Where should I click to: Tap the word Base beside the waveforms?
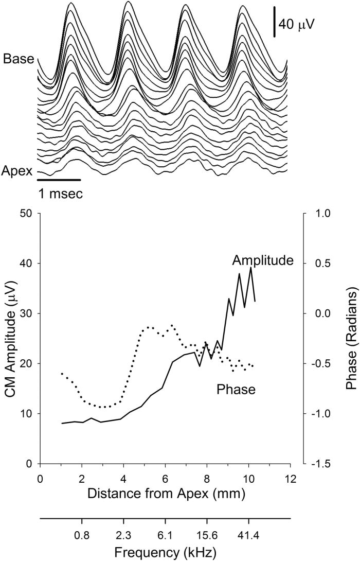(x=19, y=59)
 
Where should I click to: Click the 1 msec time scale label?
(x=60, y=195)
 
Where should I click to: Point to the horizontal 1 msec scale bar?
(x=59, y=180)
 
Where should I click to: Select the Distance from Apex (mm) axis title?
(x=165, y=494)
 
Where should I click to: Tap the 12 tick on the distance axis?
(x=291, y=477)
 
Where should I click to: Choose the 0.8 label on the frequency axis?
(x=81, y=535)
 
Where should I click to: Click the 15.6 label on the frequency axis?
(x=207, y=535)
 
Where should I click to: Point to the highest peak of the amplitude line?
(x=250, y=268)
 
